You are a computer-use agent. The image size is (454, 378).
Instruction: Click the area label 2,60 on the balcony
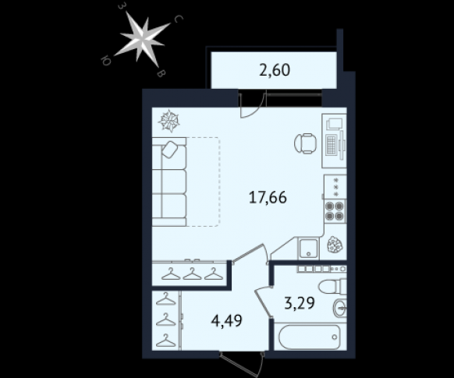[x=275, y=70]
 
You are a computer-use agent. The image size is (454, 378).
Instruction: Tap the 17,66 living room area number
[x=268, y=198]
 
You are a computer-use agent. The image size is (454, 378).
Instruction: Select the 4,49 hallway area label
[x=227, y=321]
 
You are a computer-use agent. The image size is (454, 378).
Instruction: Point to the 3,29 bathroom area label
[x=299, y=303]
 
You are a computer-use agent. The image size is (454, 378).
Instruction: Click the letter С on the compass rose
[x=179, y=19]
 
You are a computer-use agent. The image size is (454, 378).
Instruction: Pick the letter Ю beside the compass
[x=105, y=61]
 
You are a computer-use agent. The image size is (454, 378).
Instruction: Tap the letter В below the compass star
[x=161, y=73]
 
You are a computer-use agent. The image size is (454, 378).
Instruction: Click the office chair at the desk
[x=305, y=143]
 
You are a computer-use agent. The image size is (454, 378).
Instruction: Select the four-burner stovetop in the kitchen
[x=335, y=211]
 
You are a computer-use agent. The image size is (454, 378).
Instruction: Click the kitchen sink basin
[x=309, y=248]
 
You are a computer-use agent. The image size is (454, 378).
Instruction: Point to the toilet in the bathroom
[x=332, y=286]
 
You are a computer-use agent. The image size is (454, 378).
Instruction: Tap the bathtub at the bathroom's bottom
[x=309, y=337]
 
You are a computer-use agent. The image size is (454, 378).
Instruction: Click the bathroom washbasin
[x=339, y=308]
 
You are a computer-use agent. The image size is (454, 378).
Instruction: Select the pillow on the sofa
[x=170, y=149]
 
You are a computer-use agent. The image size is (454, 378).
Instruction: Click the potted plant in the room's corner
[x=335, y=245]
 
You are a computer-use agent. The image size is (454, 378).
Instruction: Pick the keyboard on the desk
[x=331, y=144]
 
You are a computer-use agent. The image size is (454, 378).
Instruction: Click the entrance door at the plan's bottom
[x=242, y=364]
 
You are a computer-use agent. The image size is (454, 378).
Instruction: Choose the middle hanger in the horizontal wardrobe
[x=192, y=274]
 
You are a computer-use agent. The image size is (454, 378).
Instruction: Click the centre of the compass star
[x=143, y=38]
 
